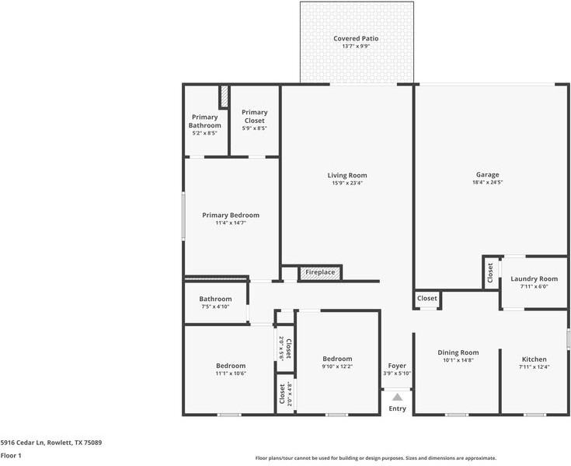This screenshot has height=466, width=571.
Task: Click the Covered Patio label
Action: pos(356,38)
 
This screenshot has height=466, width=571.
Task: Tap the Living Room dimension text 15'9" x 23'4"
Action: pos(346,184)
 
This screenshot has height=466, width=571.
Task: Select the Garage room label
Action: pos(487,174)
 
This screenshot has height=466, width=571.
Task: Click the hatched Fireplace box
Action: pos(320,272)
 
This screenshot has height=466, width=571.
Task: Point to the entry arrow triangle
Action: pos(397,398)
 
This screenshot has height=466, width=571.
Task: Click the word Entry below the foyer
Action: pos(397,408)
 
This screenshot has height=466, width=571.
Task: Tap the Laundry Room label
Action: pos(534,279)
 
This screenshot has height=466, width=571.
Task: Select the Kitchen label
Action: pos(533,359)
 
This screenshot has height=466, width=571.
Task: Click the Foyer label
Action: pos(397,365)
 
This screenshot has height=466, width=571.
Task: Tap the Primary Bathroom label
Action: pos(205,121)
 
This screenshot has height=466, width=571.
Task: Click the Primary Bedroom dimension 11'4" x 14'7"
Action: pos(231,223)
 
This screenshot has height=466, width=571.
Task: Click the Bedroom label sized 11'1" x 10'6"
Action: pos(231,366)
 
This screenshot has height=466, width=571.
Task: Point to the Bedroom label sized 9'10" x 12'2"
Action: pos(337,359)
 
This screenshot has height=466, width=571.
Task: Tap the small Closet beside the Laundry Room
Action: pos(490,272)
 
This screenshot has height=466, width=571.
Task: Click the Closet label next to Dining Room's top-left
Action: pos(427,298)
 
